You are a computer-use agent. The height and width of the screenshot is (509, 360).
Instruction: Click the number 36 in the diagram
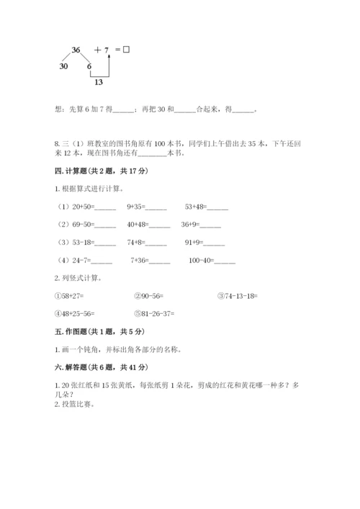point(76,50)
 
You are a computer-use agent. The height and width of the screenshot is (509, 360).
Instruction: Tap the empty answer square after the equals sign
point(126,50)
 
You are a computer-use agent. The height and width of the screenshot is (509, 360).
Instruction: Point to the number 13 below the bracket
point(98,82)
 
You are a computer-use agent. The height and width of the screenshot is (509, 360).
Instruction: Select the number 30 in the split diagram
point(63,66)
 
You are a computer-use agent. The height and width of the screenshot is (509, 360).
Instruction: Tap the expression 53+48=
point(195,207)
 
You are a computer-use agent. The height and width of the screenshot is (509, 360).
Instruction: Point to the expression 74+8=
point(136,243)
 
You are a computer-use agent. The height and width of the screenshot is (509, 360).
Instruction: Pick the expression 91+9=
point(194,243)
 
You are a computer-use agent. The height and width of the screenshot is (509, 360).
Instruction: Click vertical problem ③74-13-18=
point(237,296)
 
